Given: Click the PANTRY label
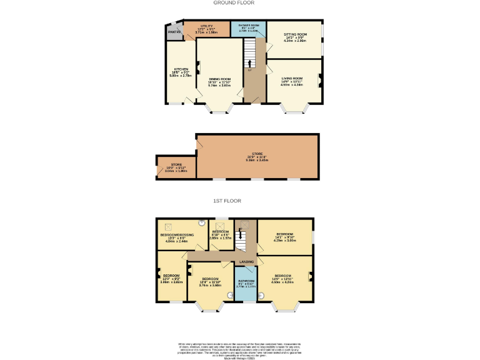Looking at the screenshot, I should tap(174, 32).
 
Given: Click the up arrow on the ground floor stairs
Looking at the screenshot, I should tap(249, 63).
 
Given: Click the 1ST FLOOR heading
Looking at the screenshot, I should tap(227, 201).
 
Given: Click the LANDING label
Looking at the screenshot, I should tap(246, 262).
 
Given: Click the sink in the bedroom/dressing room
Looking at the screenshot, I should tap(201, 222).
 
